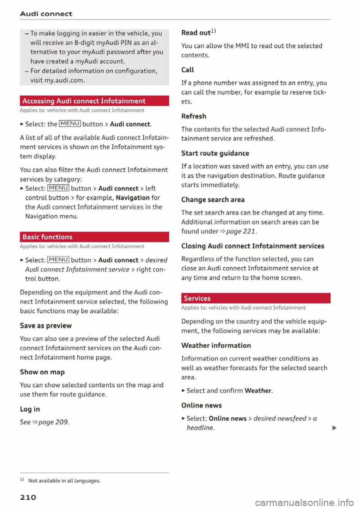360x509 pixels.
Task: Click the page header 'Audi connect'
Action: pos(46,14)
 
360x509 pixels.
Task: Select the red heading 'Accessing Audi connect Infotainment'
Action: pos(84,101)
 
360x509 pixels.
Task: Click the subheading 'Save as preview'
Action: pos(46,326)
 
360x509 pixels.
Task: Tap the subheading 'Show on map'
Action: pos(42,372)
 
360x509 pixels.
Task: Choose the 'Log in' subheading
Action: pos(30,409)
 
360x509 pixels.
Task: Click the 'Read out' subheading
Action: pos(196,33)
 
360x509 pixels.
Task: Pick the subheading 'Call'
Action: pos(187,70)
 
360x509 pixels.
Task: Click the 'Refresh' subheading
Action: pos(194,116)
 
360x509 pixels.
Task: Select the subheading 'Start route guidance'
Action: pos(215,153)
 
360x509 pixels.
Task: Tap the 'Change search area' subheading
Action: pos(213,200)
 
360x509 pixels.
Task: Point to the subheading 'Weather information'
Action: pos(216,346)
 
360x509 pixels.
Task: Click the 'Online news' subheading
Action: pos(201,406)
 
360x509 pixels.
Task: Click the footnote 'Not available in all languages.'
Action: pos(64,481)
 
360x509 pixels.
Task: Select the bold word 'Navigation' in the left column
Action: pos(133,198)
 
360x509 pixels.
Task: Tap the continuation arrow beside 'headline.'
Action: pos(334,428)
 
